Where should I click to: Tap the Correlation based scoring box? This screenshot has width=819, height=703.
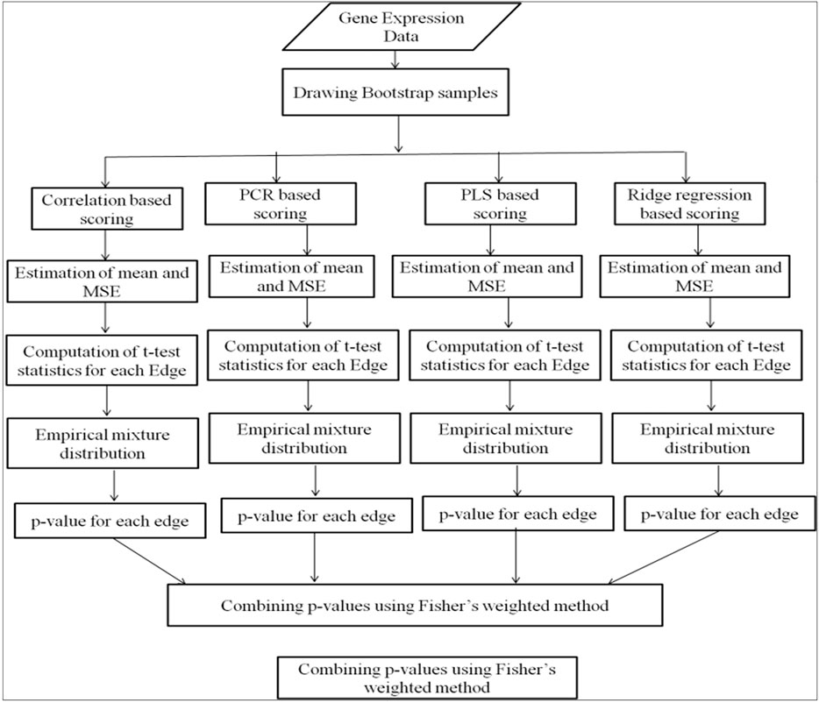pos(105,209)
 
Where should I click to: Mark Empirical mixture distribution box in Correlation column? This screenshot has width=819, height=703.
pos(105,443)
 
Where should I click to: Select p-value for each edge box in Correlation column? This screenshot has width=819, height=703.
pos(110,522)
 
